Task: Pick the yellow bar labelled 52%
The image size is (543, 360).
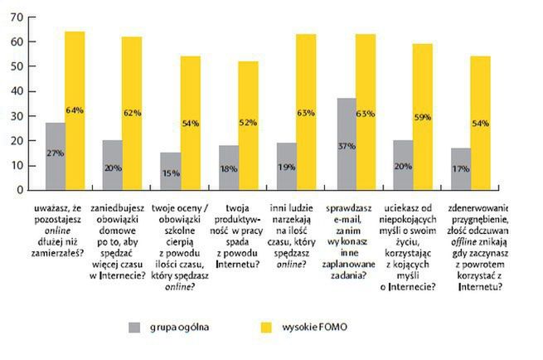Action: [x=248, y=125]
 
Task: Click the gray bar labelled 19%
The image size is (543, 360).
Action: [x=287, y=166]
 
